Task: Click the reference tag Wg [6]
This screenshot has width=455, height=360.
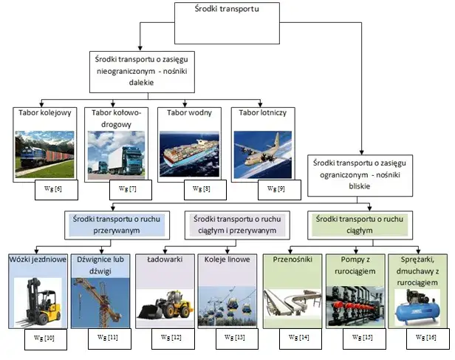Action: click(x=54, y=189)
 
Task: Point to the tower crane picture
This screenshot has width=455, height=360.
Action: click(x=99, y=299)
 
